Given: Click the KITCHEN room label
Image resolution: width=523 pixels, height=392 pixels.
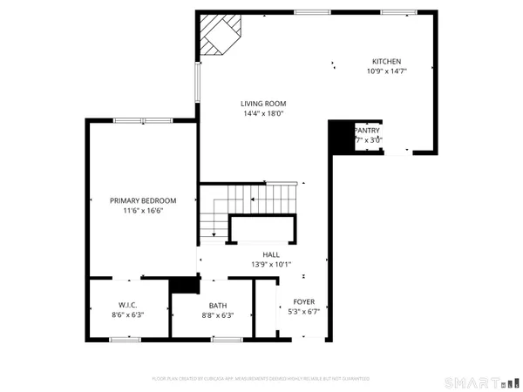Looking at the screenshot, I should tap(387, 61).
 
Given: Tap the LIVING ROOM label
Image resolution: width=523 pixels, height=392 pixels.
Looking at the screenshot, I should tap(263, 104).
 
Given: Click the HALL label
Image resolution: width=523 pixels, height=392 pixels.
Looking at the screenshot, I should tap(270, 253).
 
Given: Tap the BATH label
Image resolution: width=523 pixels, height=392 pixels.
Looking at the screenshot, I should tap(217, 305).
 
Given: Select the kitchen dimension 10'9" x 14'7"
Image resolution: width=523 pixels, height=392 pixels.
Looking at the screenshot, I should tap(387, 71).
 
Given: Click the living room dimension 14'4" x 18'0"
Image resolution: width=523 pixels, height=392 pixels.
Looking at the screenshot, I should tap(263, 113).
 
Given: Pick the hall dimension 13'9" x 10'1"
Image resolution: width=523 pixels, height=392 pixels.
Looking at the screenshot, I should tap(270, 263).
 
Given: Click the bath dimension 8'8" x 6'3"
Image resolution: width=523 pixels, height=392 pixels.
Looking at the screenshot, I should tap(217, 314).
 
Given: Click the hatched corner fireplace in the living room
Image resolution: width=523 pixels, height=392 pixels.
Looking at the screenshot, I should tap(216, 35).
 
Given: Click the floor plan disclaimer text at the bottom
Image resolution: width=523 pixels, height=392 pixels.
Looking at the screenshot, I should tap(261, 380).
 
